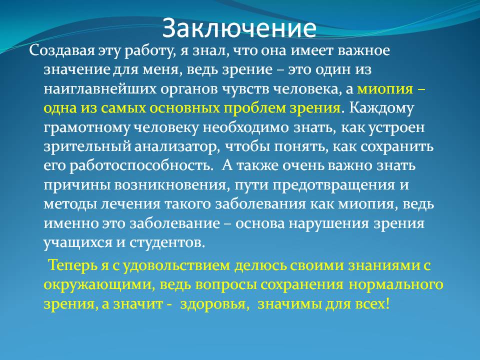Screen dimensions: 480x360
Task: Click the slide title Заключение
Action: [x=239, y=28]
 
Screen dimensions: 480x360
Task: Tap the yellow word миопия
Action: [x=385, y=89]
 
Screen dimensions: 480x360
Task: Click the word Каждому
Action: [x=381, y=108]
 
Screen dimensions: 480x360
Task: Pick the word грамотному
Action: [x=86, y=128]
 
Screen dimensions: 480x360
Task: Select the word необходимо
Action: [x=245, y=127]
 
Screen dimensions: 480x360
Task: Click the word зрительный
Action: [x=87, y=147]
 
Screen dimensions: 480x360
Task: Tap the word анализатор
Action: [x=177, y=147]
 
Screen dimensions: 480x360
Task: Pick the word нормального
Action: [x=396, y=284]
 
